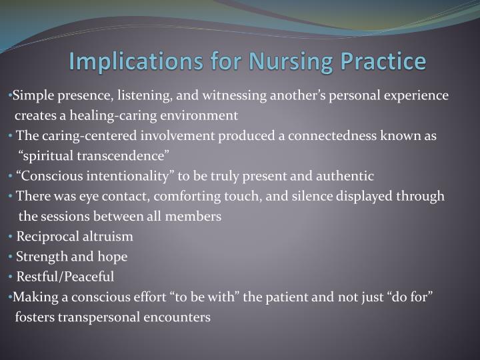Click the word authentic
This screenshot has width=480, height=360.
point(345,176)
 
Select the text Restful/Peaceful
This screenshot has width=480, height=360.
point(65,276)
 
